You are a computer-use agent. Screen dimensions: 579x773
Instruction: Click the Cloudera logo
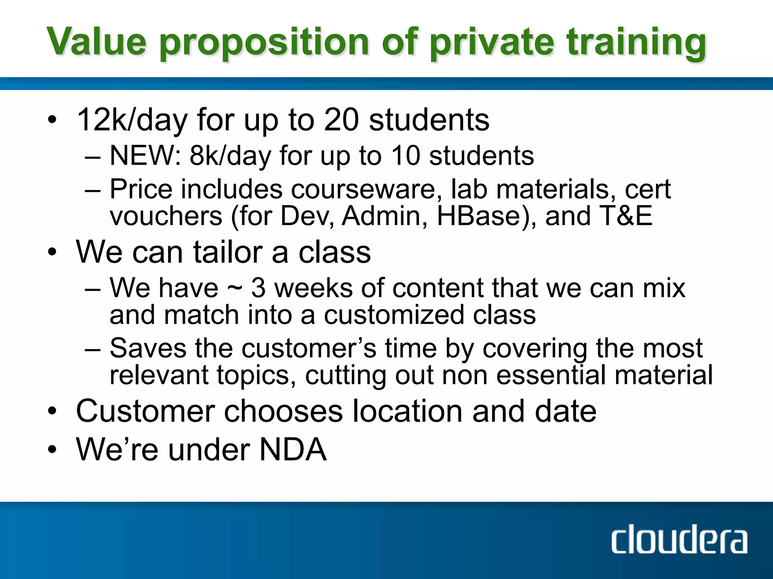(x=679, y=541)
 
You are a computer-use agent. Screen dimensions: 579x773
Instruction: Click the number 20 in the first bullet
(x=341, y=120)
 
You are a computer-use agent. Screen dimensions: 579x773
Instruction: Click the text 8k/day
(x=230, y=156)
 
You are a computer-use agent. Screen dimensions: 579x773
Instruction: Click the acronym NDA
(x=293, y=449)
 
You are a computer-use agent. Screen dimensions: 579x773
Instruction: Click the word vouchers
(x=166, y=216)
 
